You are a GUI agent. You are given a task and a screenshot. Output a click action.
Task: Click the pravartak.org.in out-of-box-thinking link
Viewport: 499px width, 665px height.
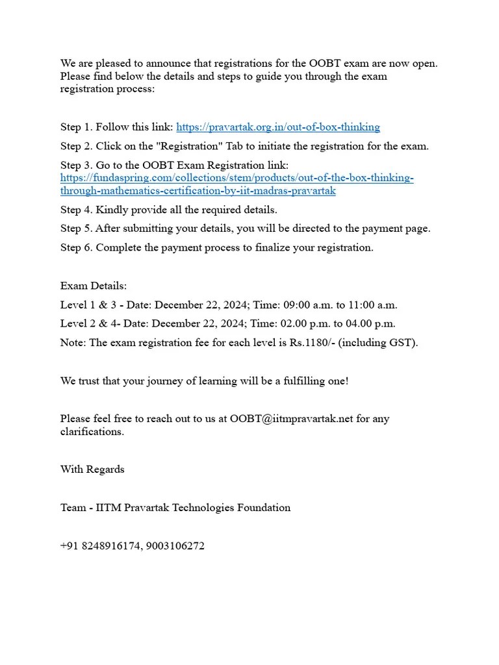pyautogui.click(x=278, y=127)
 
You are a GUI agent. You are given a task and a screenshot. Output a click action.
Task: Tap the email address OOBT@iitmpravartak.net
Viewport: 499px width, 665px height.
pyautogui.click(x=291, y=419)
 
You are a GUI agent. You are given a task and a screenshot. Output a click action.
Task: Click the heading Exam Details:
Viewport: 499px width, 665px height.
pyautogui.click(x=94, y=286)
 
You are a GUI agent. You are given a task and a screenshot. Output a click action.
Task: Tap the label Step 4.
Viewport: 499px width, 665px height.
pyautogui.click(x=77, y=210)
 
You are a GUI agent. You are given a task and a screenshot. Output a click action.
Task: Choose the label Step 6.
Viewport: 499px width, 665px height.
pyautogui.click(x=77, y=247)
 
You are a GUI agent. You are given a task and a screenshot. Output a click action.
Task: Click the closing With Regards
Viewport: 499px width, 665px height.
pyautogui.click(x=92, y=470)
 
